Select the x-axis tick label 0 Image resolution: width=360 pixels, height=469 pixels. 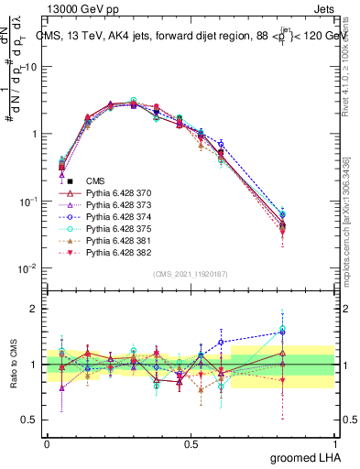(47, 443)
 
